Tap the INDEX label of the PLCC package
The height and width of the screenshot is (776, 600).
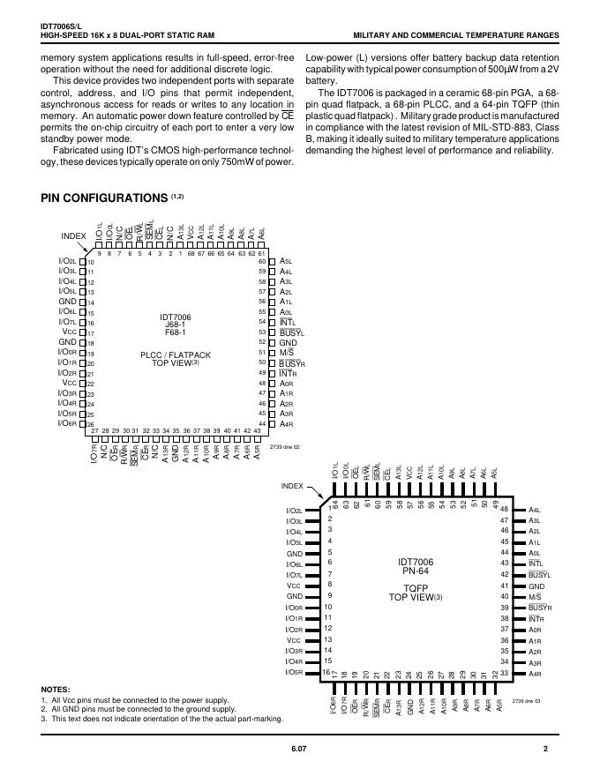(x=73, y=236)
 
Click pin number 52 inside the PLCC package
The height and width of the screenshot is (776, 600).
(x=262, y=342)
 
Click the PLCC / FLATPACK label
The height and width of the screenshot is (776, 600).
(x=176, y=354)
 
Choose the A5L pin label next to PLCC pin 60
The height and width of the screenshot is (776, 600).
(x=286, y=262)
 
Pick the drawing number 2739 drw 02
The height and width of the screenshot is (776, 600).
(x=284, y=446)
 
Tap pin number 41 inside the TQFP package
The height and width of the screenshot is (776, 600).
(x=505, y=586)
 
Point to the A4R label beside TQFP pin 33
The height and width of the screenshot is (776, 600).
(x=535, y=674)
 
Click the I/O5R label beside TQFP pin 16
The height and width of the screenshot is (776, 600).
(x=295, y=672)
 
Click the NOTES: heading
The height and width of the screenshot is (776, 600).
(x=56, y=689)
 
